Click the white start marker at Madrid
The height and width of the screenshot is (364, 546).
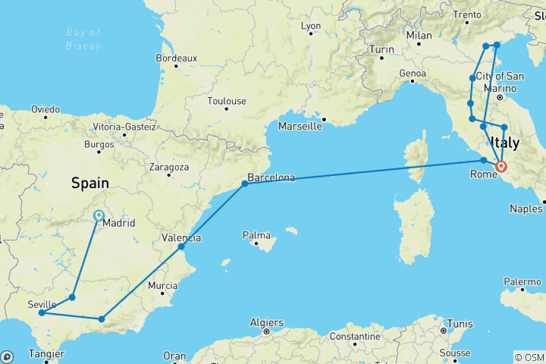[99, 215]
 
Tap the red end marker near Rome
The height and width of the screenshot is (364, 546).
[501, 166]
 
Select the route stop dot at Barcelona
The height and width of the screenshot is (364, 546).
[245, 184]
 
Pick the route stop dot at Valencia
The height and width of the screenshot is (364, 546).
[181, 246]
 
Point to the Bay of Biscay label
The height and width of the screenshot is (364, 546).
[83, 39]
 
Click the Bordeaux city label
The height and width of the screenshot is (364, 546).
[176, 58]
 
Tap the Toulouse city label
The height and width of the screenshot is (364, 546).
[227, 101]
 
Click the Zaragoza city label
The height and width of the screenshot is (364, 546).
[168, 166]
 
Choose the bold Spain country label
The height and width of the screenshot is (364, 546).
[89, 183]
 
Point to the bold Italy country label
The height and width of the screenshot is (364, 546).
[506, 143]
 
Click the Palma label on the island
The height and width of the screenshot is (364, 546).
[256, 235]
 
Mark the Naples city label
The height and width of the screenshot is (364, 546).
[526, 208]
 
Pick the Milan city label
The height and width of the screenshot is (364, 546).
[419, 36]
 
